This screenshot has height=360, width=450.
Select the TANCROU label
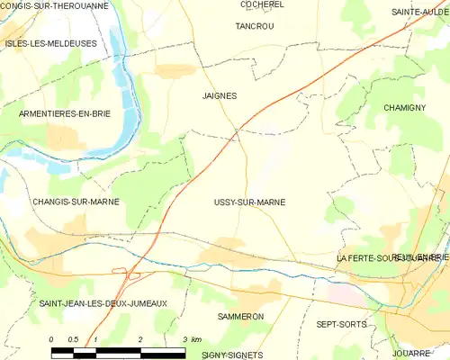254,27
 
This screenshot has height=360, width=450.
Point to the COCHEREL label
262,4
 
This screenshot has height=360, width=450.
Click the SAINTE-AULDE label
418,13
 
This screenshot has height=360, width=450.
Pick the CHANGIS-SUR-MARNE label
75,202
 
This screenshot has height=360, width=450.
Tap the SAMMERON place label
240,318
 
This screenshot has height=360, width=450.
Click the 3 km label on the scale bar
192,339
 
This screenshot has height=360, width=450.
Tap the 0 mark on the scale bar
51,339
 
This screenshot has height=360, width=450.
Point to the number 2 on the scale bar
140,339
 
